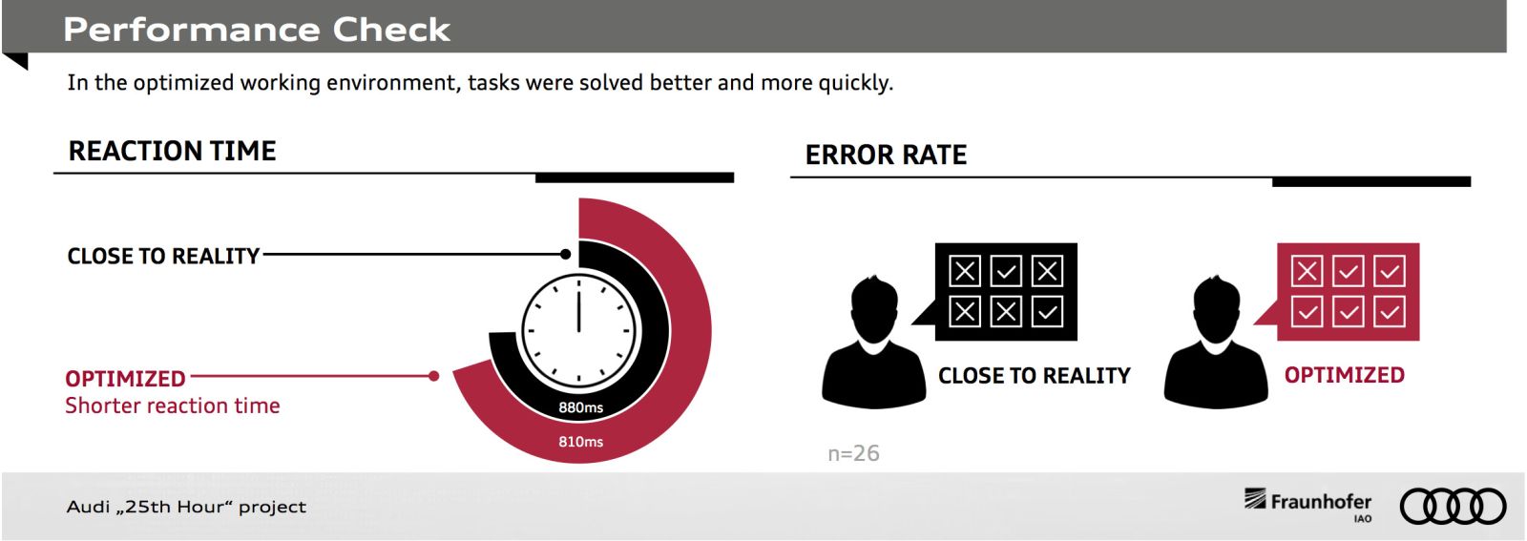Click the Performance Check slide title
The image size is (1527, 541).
pyautogui.click(x=257, y=30)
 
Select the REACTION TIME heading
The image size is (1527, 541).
pyautogui.click(x=172, y=151)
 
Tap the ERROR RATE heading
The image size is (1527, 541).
pyautogui.click(x=886, y=155)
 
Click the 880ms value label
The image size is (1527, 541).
pyautogui.click(x=581, y=407)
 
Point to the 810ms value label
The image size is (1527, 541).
pyautogui.click(x=581, y=442)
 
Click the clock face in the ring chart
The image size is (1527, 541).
pyautogui.click(x=578, y=331)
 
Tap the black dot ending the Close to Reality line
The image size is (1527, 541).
pyautogui.click(x=565, y=254)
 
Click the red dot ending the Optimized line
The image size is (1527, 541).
pyautogui.click(x=433, y=376)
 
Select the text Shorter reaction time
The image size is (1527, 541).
pyautogui.click(x=173, y=406)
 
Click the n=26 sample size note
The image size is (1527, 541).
pyautogui.click(x=853, y=453)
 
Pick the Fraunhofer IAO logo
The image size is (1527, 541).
pyautogui.click(x=1307, y=505)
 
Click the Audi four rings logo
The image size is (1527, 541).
pyautogui.click(x=1453, y=507)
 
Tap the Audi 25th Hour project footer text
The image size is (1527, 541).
pyautogui.click(x=186, y=507)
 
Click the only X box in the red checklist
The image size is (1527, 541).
pyautogui.click(x=1307, y=271)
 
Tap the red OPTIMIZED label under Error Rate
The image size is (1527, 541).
pyautogui.click(x=1345, y=375)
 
